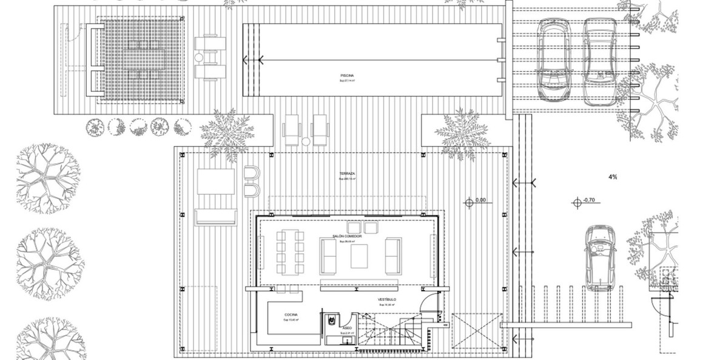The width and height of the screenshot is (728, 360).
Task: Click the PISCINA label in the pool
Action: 346,76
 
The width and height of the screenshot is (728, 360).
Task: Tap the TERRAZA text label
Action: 348,174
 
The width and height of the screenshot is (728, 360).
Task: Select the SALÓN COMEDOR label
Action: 346,236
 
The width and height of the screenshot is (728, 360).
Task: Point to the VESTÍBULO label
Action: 386,300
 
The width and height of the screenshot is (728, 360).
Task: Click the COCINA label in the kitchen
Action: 290,314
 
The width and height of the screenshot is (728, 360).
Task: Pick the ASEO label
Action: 346,327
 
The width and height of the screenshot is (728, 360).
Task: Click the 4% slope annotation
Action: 612,177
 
